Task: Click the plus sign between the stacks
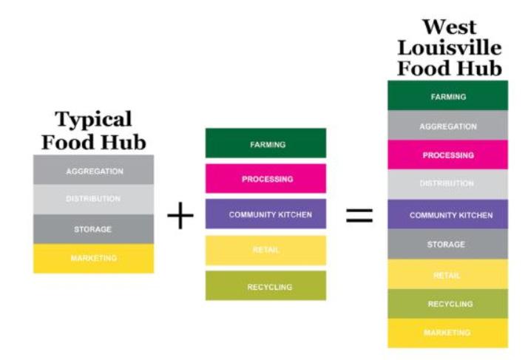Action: [x=180, y=217]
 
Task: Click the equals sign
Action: [x=359, y=216]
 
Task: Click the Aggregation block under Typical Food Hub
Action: [x=94, y=171]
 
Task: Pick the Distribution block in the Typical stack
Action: [x=94, y=200]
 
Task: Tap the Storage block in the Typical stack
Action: [x=94, y=229]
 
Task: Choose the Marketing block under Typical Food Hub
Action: [x=94, y=258]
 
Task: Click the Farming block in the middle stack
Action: [x=265, y=143]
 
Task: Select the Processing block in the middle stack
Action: [x=265, y=179]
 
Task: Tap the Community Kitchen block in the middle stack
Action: [x=265, y=214]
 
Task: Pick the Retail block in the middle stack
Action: [x=265, y=251]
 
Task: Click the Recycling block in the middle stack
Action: [x=265, y=286]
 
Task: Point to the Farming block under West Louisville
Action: [x=447, y=96]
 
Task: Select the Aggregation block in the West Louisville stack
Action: [x=447, y=126]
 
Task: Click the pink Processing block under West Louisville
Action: [x=447, y=155]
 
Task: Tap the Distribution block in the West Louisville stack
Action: [x=447, y=184]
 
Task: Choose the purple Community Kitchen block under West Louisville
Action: [x=447, y=214]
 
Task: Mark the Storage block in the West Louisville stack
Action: [x=447, y=244]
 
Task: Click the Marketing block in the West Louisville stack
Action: [x=447, y=333]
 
